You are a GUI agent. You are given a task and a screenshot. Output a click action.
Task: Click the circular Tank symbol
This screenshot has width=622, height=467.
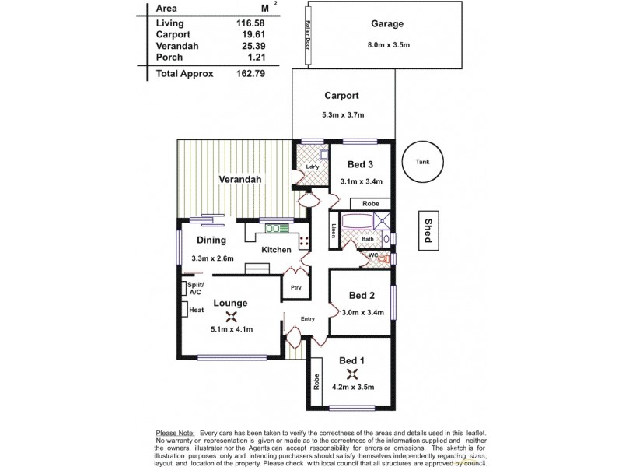coord(422,162)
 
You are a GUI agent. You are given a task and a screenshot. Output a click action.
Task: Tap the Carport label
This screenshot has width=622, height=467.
coord(341,96)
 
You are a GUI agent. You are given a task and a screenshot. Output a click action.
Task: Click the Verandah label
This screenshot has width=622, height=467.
coord(239,179)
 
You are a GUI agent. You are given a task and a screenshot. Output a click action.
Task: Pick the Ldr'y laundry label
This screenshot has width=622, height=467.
coord(313,167)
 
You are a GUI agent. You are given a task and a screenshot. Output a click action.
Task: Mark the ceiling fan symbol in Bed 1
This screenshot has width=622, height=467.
coord(351,374)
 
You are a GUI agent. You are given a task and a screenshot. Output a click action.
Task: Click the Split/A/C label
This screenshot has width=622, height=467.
coord(193,290)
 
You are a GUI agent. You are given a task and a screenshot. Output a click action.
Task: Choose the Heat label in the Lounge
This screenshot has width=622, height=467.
coord(196,311)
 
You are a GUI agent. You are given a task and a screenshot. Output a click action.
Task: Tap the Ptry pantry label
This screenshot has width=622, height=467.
coord(295,287)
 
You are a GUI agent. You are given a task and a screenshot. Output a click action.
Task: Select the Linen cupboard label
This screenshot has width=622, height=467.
coord(334,231)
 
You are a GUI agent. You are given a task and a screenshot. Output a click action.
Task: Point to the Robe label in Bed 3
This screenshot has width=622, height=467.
coord(370,203)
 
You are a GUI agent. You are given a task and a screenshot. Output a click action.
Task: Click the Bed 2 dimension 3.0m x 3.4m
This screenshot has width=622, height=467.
coord(362,313)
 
